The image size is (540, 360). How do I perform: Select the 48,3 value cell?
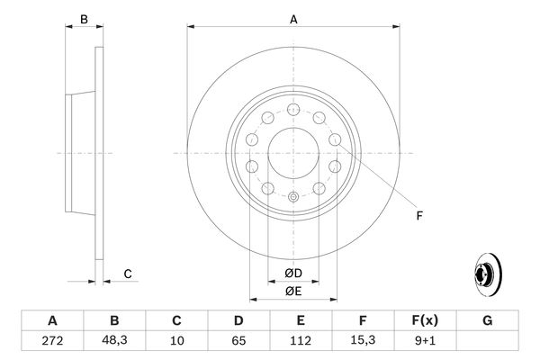(113, 341)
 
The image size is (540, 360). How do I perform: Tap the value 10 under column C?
(176, 341)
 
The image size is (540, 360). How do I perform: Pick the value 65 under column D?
(238, 341)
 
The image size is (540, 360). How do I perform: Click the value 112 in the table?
(301, 341)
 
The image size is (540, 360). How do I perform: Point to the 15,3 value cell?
(363, 341)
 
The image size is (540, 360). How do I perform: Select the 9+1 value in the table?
(426, 341)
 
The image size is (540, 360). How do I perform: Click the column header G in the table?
(488, 320)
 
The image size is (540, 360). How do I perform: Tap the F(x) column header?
(426, 320)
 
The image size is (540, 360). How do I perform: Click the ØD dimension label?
(292, 274)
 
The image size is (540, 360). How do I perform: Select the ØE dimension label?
(292, 291)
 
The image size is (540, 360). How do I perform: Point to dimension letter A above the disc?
(292, 18)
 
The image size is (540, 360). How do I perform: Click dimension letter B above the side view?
(84, 18)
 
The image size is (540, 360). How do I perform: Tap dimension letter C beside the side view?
(128, 274)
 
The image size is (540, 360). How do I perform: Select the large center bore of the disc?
(292, 153)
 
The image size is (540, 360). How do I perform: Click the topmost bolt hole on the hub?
(292, 110)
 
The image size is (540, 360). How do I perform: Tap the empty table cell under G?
(488, 341)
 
